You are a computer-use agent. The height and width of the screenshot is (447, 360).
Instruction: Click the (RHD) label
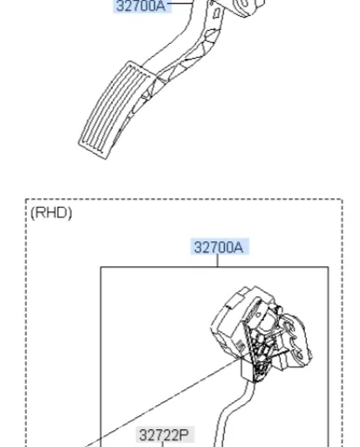pos(51,213)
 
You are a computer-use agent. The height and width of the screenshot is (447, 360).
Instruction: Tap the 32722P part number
pos(164,435)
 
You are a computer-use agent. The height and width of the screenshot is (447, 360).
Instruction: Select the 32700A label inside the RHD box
pos(219,248)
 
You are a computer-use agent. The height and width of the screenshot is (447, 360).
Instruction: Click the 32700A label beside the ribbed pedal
pos(141,6)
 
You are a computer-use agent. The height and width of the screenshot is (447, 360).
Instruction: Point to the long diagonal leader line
pos(162,402)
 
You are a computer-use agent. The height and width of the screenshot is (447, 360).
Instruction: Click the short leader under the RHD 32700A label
pos(218,261)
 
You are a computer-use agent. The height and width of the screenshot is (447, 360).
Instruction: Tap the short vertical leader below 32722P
pos(162,444)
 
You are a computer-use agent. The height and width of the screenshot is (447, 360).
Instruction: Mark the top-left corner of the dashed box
pos(26,199)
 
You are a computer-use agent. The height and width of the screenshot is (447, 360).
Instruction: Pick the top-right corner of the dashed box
pos(342,199)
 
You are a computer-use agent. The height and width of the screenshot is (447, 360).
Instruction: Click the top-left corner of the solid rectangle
pos(100,266)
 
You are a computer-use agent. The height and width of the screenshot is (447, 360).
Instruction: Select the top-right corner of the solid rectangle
pos(328,266)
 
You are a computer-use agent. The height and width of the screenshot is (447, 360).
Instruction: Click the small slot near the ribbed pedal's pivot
pos(218,13)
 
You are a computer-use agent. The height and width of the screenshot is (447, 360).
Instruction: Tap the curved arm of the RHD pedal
pos(231,413)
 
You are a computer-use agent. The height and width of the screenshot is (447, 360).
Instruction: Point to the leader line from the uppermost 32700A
pos(180,3)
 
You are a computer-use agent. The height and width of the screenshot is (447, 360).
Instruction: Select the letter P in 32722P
pos(184,435)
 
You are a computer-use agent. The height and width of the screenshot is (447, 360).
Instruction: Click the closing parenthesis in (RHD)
pos(70,213)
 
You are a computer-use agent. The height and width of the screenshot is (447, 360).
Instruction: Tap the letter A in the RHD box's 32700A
pos(238,248)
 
